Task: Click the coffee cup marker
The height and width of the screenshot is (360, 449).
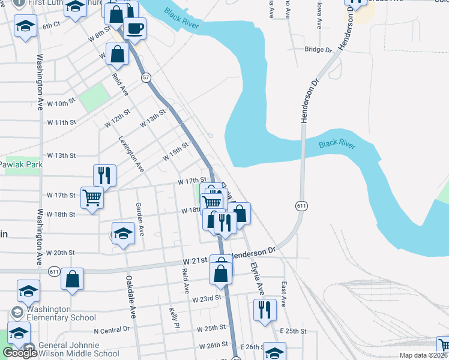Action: tap(135, 28)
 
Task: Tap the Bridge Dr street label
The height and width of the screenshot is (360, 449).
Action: tap(318, 50)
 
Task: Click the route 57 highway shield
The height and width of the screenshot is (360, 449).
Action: tap(146, 77)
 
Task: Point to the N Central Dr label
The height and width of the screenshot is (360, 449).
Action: tap(112, 329)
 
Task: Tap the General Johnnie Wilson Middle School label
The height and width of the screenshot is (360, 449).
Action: tap(79, 349)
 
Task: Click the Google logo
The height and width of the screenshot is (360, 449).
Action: tap(20, 353)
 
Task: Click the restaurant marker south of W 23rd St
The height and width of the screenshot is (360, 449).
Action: tap(264, 310)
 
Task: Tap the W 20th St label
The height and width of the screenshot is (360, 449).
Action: tap(62, 253)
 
